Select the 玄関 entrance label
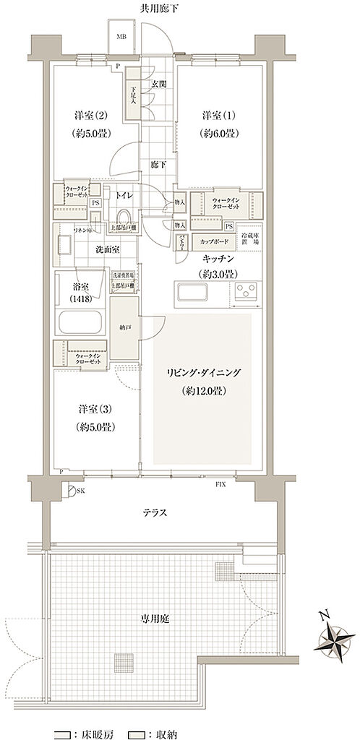[158, 84]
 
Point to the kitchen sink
[189, 293]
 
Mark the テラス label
[155, 512]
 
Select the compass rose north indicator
[333, 635]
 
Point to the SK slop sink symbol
[72, 492]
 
